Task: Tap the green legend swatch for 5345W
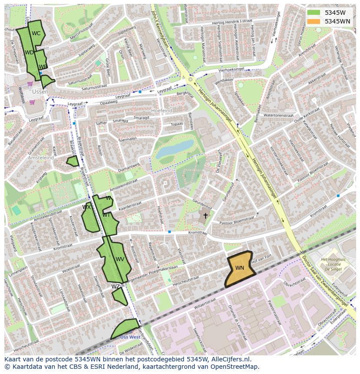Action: pyautogui.click(x=313, y=12)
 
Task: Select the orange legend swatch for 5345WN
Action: pyautogui.click(x=313, y=21)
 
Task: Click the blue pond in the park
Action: pyautogui.click(x=175, y=149)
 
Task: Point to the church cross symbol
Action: pyautogui.click(x=206, y=215)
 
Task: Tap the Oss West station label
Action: pyautogui.click(x=130, y=337)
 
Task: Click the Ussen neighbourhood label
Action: pyautogui.click(x=40, y=92)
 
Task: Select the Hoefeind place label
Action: pyautogui.click(x=161, y=111)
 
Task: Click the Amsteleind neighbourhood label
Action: pyautogui.click(x=40, y=158)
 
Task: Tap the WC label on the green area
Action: pyautogui.click(x=36, y=33)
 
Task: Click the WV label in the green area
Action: pyautogui.click(x=120, y=259)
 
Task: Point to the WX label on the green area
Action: pyautogui.click(x=87, y=207)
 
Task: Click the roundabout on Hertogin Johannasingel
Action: pyautogui.click(x=190, y=79)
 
